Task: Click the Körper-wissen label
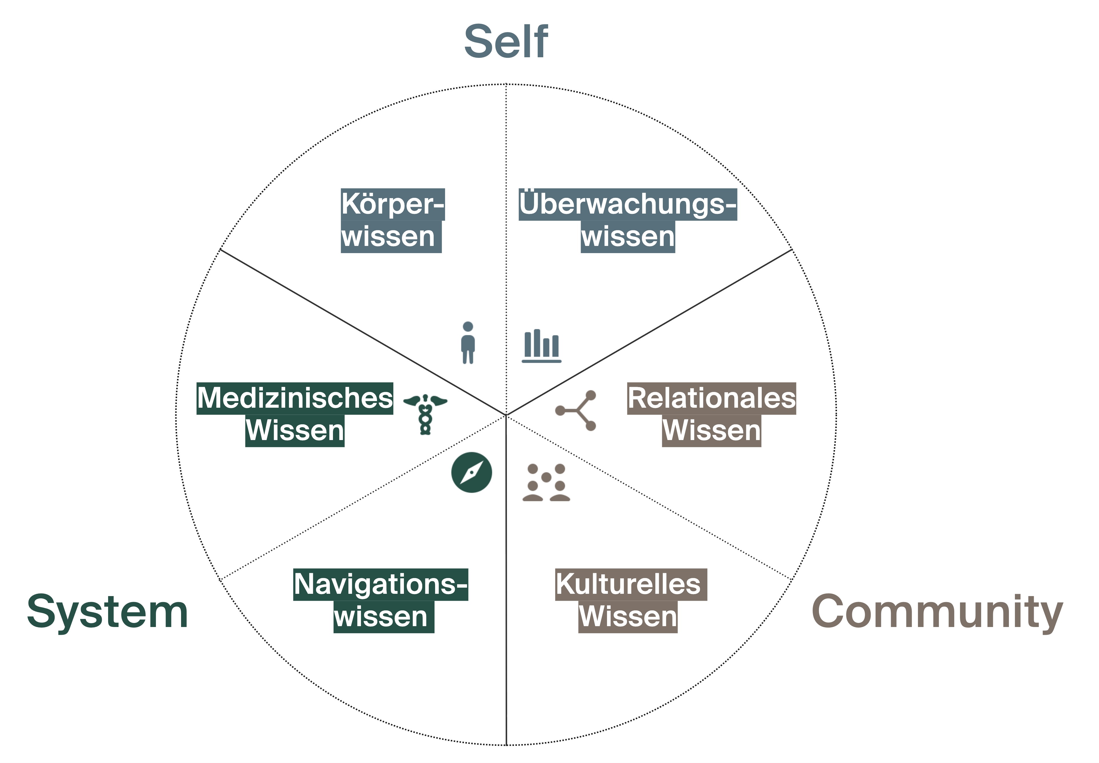click(x=392, y=220)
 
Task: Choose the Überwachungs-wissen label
click(x=628, y=220)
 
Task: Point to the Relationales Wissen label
click(x=711, y=415)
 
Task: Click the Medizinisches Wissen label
click(x=295, y=415)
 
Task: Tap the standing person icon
click(x=468, y=343)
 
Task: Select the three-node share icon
click(x=576, y=410)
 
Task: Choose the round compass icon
click(x=471, y=472)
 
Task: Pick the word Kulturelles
click(x=628, y=584)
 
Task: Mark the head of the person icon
click(x=468, y=326)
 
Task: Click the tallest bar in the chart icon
click(x=537, y=342)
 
